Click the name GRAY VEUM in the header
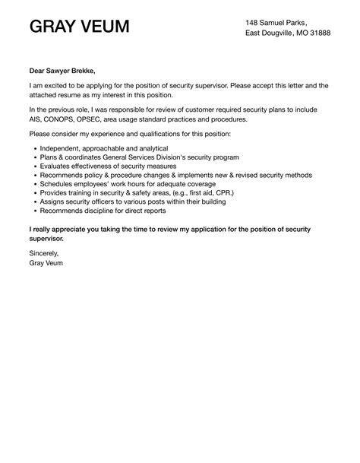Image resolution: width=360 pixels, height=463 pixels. pos(79,28)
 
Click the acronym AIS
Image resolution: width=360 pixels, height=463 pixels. pos(35,120)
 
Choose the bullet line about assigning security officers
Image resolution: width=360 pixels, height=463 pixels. pos(128,202)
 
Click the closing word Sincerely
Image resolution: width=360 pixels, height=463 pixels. pos(44,252)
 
